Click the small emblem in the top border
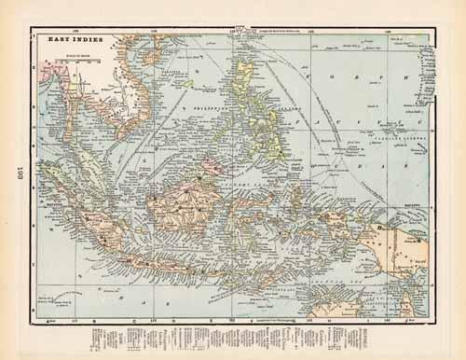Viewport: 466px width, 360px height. point(240,31)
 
